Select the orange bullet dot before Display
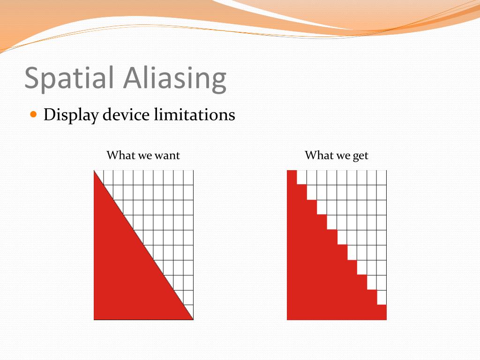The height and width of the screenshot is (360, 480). click(33, 114)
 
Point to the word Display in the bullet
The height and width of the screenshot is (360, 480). click(70, 115)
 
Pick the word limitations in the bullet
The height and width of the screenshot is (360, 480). click(195, 115)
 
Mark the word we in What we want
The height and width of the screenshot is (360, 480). click(143, 156)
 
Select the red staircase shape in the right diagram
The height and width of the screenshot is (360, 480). click(319, 277)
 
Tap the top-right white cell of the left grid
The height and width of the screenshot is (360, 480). click(188, 178)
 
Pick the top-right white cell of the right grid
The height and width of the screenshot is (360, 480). click(382, 178)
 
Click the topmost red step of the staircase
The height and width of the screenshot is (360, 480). click(292, 177)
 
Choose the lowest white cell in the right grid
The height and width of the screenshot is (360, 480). click(382, 297)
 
